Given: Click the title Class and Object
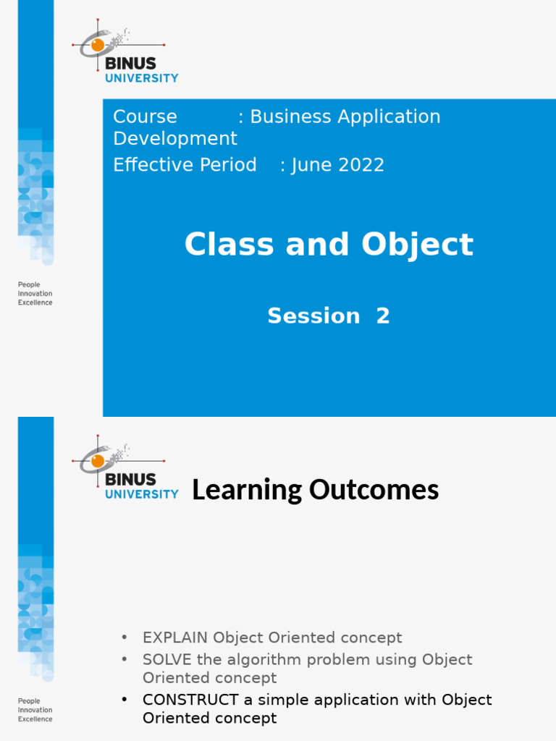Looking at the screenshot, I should click(x=329, y=245).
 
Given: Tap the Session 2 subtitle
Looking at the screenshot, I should click(x=329, y=316).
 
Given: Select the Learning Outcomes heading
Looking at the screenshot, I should click(x=315, y=490).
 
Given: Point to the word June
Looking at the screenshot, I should click(x=311, y=165).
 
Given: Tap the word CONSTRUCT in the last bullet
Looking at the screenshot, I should click(x=190, y=700).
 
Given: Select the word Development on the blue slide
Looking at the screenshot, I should click(x=175, y=138).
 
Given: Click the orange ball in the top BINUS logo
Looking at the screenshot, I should click(x=97, y=45).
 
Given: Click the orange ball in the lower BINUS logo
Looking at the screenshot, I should click(x=97, y=460).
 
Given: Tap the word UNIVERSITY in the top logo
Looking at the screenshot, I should click(x=141, y=78).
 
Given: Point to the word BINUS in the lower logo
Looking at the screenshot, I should click(x=130, y=479).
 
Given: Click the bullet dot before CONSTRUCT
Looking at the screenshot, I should click(x=125, y=700).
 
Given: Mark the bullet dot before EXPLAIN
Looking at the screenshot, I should click(x=125, y=638).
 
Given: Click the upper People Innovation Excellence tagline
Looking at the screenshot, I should click(x=35, y=294).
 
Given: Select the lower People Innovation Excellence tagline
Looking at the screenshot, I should click(x=35, y=710).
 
